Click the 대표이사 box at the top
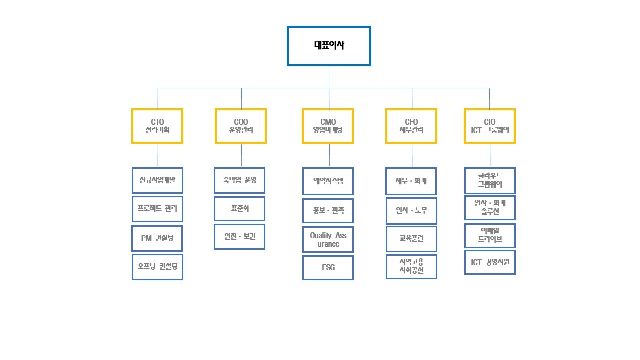coord(329,46)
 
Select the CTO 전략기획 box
coord(157,126)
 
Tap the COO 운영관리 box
coord(241,126)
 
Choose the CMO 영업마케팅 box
coord(328,126)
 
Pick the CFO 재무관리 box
coord(411,126)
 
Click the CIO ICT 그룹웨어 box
coord(489,126)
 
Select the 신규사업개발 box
coord(157,180)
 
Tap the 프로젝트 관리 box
coord(157,209)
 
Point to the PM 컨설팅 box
coord(157,238)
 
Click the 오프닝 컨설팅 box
coord(157,267)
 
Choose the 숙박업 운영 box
coord(240,180)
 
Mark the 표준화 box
coord(240,209)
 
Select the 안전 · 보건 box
coord(240,237)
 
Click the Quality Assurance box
coord(328,239)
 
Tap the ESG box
coord(328,268)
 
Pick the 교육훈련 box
coord(411,238)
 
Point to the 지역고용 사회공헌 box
coord(411,267)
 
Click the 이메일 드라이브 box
coord(490,236)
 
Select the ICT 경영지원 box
coord(490,262)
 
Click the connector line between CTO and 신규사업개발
coord(157,155)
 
